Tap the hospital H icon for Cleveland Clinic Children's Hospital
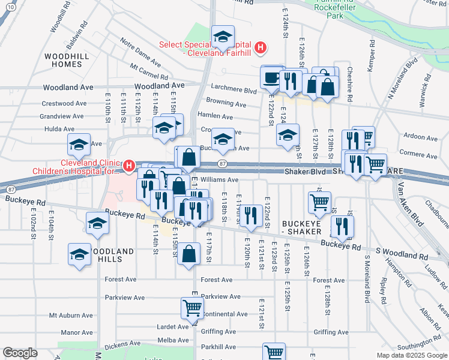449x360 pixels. coord(128,166)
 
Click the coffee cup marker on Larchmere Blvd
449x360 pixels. coord(270,77)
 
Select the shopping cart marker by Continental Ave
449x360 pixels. coord(192,307)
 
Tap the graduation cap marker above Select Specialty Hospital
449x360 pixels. coord(223,37)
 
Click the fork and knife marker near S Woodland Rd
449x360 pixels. coord(342,226)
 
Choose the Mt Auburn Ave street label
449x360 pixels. coord(71,315)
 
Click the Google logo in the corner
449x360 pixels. coord(20,352)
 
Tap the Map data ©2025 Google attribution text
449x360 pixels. coord(411,355)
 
